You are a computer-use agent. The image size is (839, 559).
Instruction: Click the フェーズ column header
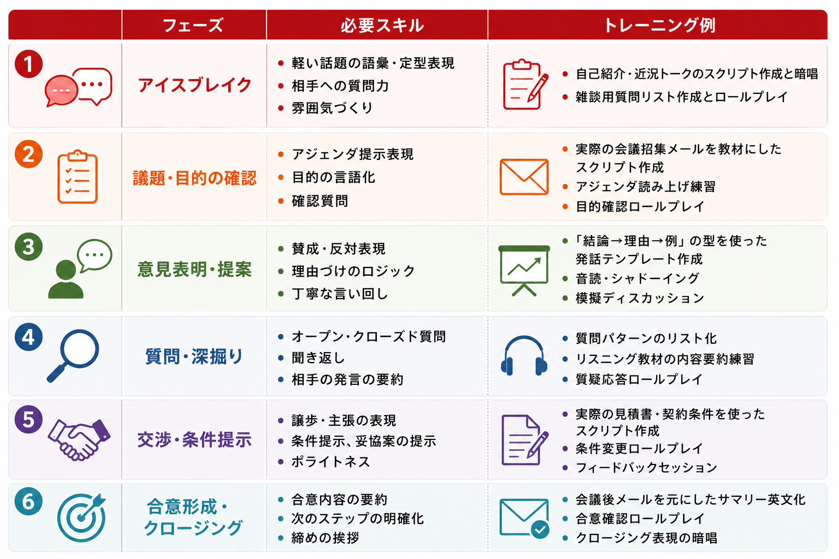point(193,26)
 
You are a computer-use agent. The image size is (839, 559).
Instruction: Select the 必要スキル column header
point(382,26)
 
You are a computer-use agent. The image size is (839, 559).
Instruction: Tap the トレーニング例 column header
point(659,26)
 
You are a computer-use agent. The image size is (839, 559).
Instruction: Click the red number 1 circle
point(28,64)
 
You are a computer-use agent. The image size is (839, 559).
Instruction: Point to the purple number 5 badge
point(28,419)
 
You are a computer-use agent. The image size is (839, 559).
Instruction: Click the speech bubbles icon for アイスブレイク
point(78,87)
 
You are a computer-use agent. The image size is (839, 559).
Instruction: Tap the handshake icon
point(79,439)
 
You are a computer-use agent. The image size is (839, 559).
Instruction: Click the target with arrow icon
point(82,518)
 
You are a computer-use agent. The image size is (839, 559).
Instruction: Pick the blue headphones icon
point(524,356)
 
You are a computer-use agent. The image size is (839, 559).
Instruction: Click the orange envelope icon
point(524,177)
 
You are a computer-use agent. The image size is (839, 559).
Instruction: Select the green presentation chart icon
point(524,270)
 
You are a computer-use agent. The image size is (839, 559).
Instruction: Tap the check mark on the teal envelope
point(540,529)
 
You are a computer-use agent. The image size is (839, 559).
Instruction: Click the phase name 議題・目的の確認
point(195,178)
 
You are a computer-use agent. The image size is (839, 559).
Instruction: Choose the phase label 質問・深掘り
point(194,356)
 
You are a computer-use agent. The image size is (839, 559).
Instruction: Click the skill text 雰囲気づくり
point(332,108)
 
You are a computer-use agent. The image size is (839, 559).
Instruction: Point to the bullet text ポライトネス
point(330,462)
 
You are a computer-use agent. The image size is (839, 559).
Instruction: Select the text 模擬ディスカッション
point(640,298)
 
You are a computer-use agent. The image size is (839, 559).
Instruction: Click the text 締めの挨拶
point(326,538)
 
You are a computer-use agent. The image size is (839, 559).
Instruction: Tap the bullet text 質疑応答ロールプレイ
point(639,379)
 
